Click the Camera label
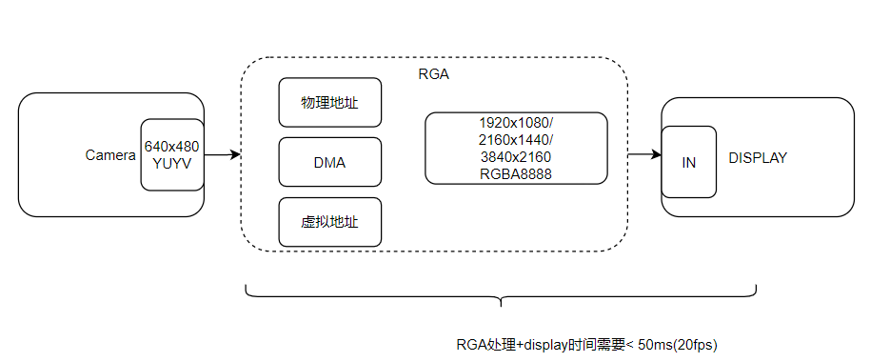click(110, 155)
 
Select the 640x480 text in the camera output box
click(171, 147)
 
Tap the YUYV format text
click(171, 163)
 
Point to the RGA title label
click(433, 74)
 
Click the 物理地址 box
click(329, 103)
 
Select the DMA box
click(329, 162)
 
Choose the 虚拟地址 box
click(329, 222)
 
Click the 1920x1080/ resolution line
click(516, 124)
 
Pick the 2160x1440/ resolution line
click(516, 140)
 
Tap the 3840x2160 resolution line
click(516, 157)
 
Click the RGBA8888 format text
click(516, 173)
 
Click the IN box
click(689, 162)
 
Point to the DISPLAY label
click(758, 158)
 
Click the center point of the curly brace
click(501, 303)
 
